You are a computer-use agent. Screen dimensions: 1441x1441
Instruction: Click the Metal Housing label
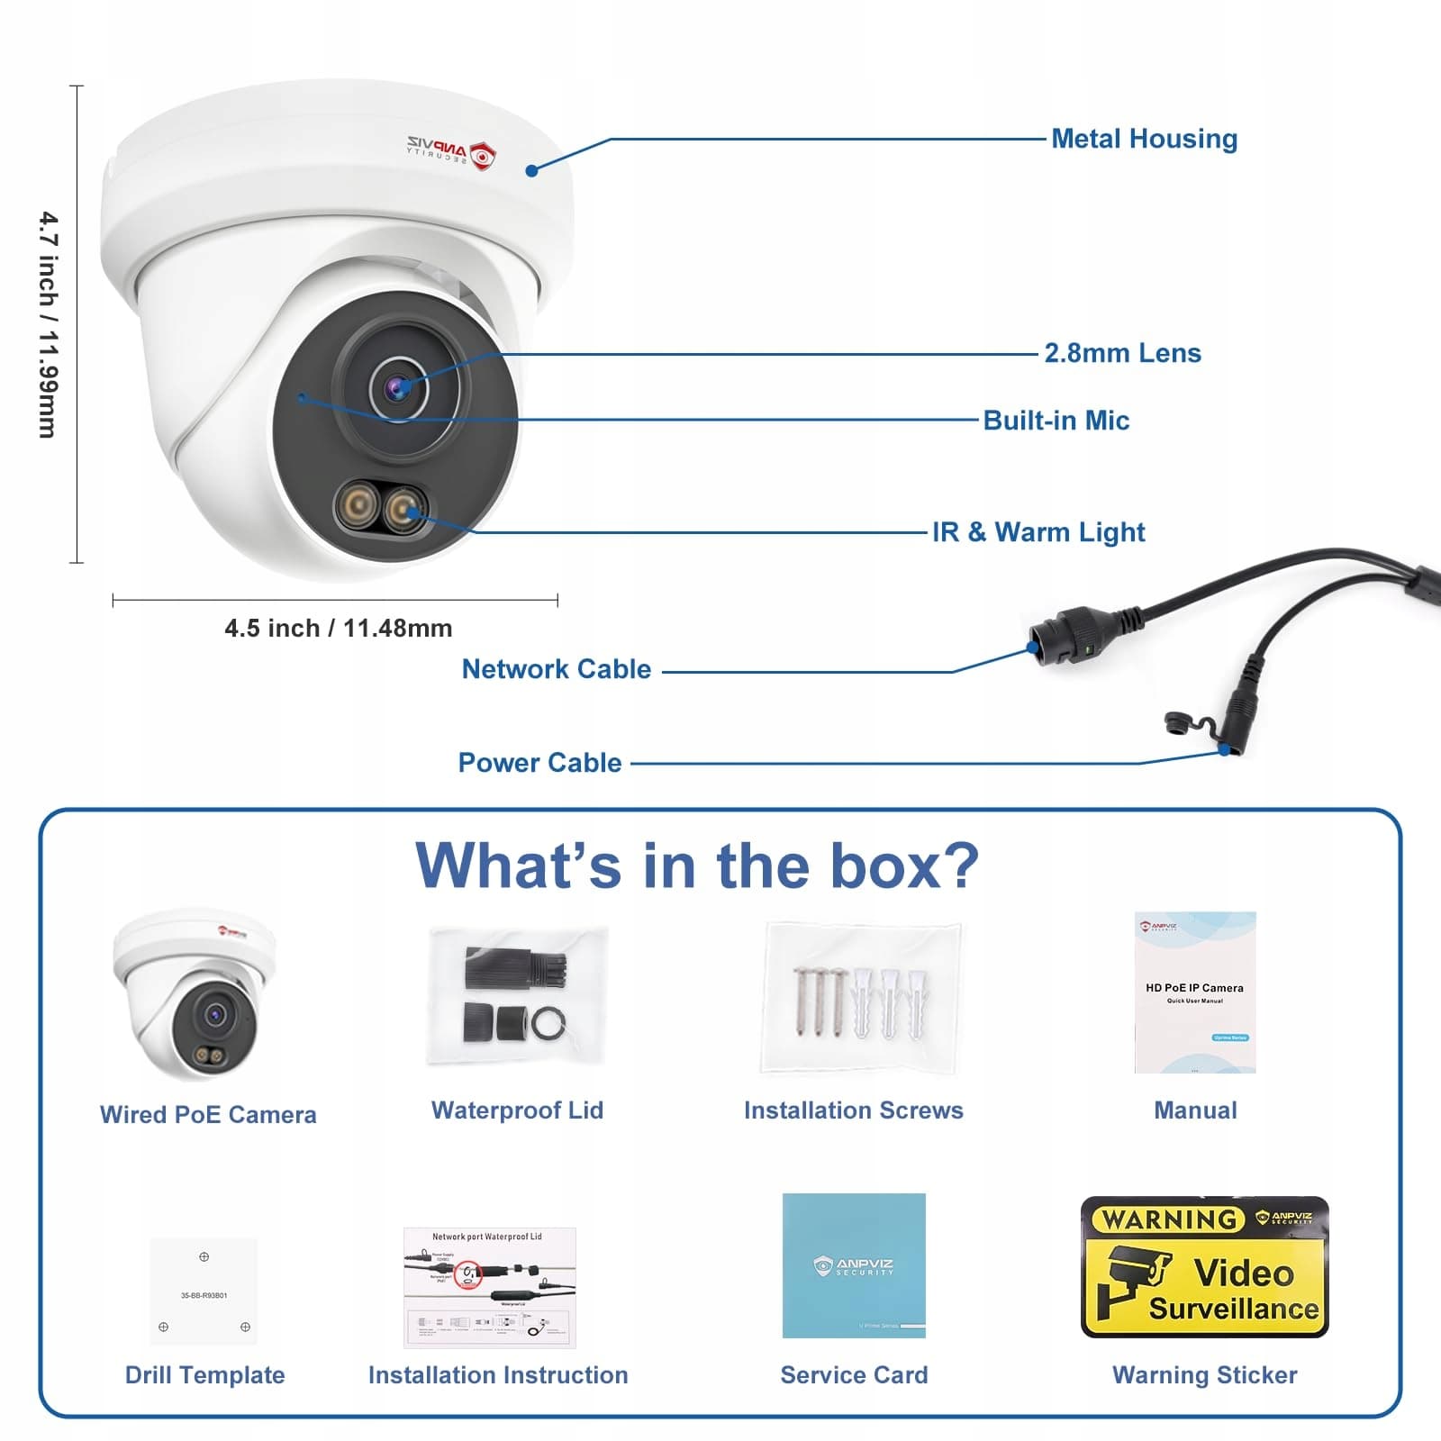coord(1144,139)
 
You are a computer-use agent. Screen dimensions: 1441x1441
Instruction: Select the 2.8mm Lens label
coord(1122,353)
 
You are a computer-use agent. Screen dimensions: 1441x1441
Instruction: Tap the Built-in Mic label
coord(1056,421)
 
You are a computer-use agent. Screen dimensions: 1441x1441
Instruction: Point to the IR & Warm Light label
coord(1038,532)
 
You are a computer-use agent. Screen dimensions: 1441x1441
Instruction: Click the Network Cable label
coord(556,669)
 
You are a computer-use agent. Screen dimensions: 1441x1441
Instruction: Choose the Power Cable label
coord(539,763)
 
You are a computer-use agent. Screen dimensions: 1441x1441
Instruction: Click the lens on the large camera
coord(397,388)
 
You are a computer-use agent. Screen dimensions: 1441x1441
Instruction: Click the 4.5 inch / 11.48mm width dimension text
coord(338,628)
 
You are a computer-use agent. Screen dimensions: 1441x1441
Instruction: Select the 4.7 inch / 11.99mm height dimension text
coord(49,324)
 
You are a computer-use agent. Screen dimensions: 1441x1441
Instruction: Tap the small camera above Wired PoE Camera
coord(194,995)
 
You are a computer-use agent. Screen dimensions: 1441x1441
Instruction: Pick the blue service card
coord(854,1265)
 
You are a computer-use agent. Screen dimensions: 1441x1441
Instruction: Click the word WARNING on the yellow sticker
coord(1169,1219)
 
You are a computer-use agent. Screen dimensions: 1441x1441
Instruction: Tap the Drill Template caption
coord(204,1375)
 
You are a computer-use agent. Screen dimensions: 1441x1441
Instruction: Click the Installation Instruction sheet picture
coord(489,1287)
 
